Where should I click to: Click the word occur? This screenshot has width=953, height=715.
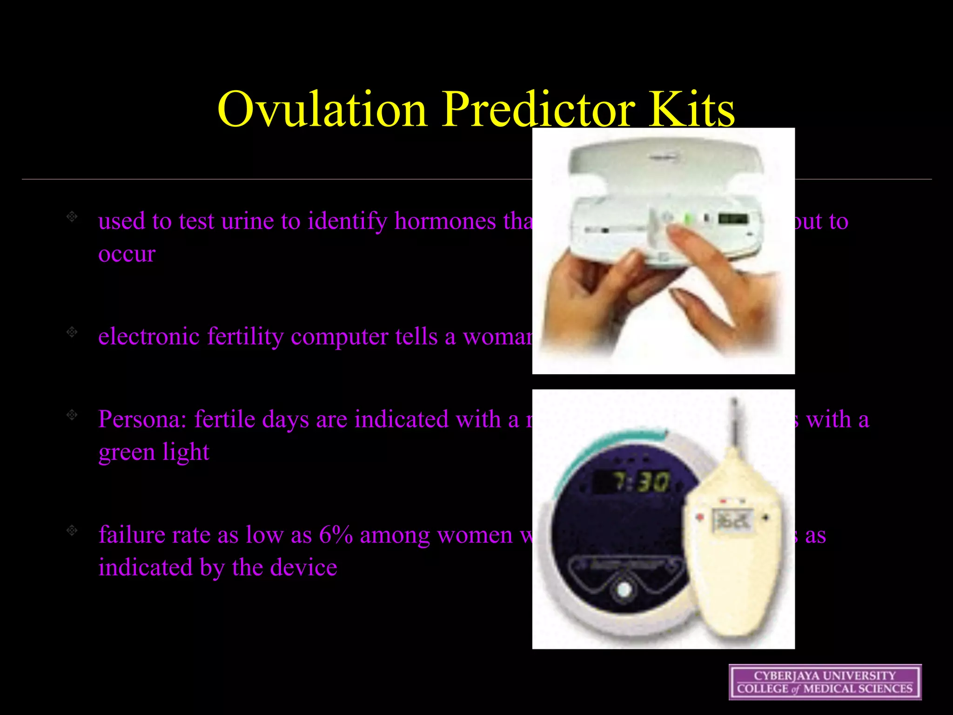pos(127,254)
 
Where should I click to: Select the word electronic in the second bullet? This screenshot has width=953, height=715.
pos(149,336)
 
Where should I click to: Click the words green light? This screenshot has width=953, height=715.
pos(154,452)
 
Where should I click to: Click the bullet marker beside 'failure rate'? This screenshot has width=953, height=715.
pos(72,530)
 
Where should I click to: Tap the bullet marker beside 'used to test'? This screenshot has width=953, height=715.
pos(72,216)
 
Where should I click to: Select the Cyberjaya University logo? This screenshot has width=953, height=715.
pos(825,682)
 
